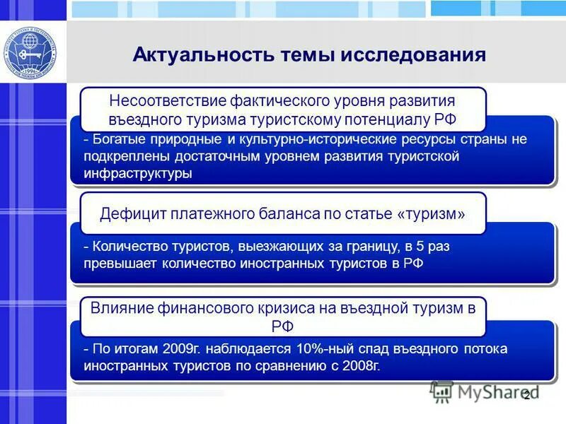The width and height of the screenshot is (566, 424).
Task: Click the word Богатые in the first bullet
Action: pyautogui.click(x=115, y=139)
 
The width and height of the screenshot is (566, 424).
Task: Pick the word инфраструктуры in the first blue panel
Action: pyautogui.click(x=137, y=174)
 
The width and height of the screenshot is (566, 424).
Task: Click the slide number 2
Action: pyautogui.click(x=526, y=395)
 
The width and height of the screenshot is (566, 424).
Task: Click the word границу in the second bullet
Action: pyautogui.click(x=370, y=247)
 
